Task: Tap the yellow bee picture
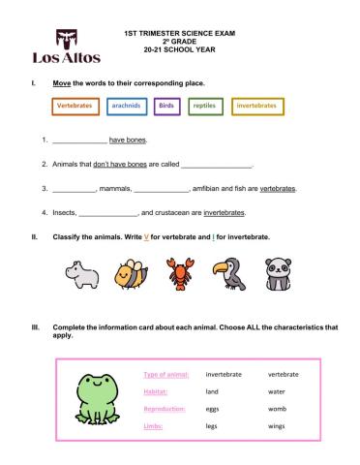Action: point(132,274)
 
